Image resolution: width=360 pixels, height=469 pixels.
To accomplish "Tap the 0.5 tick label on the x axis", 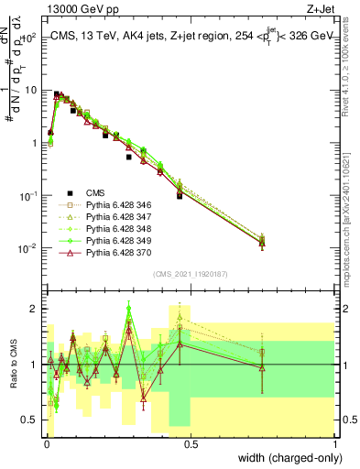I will [x=191, y=445].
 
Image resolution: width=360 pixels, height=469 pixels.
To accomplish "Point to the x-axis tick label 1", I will [x=335, y=445].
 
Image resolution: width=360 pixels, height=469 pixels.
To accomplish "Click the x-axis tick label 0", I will [x=47, y=445].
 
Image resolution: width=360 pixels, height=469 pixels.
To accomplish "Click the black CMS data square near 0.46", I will [x=180, y=196].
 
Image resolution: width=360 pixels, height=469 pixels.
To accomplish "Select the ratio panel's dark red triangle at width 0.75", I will [x=263, y=368].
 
